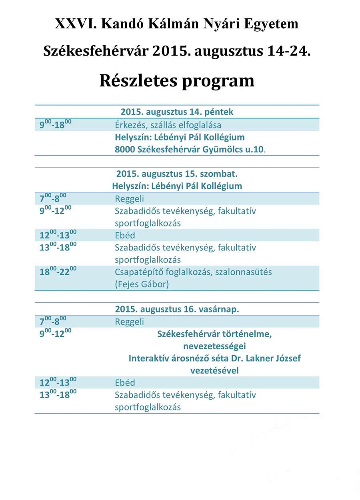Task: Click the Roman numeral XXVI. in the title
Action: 76,24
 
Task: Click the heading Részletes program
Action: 177,80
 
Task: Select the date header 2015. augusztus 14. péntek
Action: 177,112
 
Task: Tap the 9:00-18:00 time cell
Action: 55,124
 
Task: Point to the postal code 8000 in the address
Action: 124,150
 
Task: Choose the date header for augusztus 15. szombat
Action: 179,174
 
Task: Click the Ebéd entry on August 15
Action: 125,235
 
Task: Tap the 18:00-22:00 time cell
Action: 58,272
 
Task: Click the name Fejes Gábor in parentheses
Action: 142,284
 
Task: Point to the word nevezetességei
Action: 214,346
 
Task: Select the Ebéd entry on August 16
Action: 125,382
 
